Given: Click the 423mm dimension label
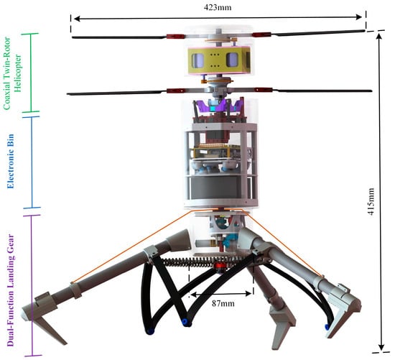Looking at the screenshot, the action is pos(218,7).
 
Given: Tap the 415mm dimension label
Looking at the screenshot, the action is pos(371,201).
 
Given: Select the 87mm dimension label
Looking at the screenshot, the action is pos(223,303).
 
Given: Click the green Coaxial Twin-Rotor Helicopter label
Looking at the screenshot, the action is pos(14,73).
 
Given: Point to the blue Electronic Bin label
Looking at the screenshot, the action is pos(11,162).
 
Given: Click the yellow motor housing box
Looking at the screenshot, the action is pos(219,61).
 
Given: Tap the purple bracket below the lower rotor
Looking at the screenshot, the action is pos(218,106).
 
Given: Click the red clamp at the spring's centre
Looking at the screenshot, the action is pos(219,267).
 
